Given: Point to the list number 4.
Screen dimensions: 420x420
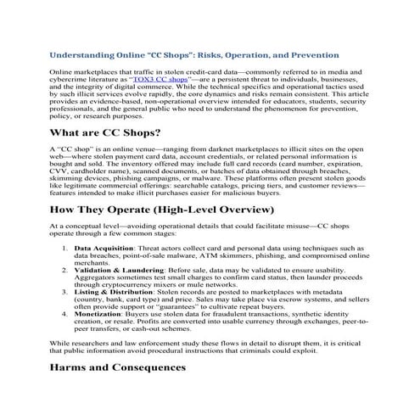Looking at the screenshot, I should click(65, 315).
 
